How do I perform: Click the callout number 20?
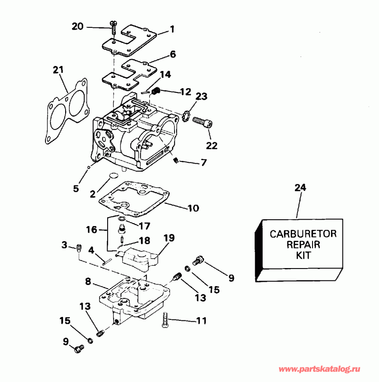78,26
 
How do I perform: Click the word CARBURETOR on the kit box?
303,234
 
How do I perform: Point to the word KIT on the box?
303,256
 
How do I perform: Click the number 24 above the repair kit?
301,187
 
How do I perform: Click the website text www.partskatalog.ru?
321,369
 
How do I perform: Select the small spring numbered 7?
175,161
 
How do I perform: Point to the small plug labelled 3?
78,247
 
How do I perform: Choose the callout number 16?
91,230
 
